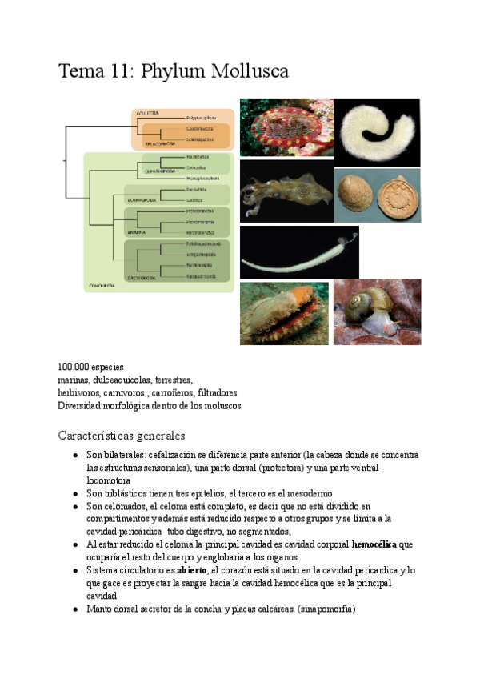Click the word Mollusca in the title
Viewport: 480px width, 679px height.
[x=249, y=72]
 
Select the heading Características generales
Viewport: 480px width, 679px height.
[x=122, y=436]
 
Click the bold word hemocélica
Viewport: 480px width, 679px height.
[x=380, y=544]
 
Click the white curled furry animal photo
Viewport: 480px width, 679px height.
[x=375, y=132]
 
